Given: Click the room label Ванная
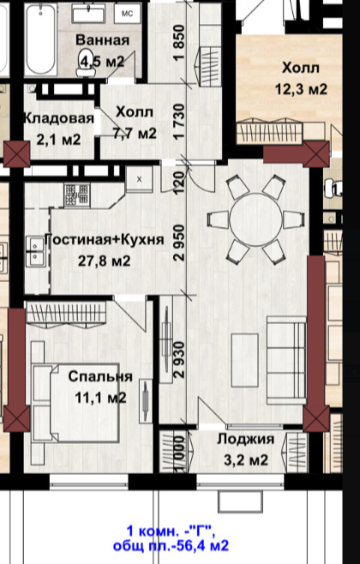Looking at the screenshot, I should pos(102,41).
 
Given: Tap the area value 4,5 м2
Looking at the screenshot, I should pos(102,60).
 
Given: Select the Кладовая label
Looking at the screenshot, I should pos(52,117).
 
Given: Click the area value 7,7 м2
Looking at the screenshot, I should pos(135,133).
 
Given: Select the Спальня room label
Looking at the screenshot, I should pos(100,376).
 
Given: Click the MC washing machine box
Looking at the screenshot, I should pos(127,13).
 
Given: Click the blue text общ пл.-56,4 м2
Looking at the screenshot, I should pos(178,545).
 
